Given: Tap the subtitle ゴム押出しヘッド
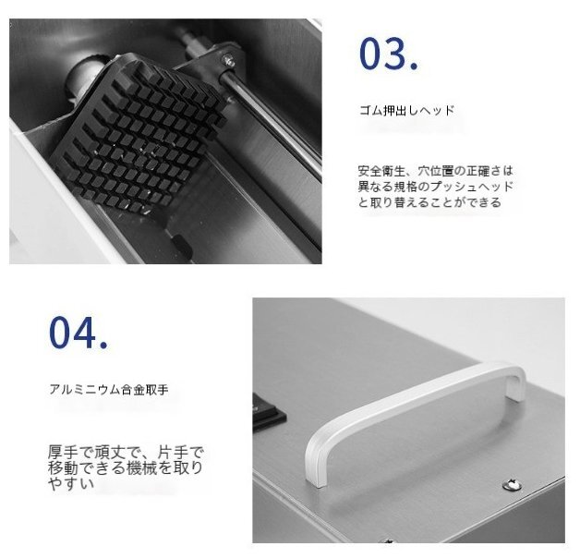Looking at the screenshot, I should [405, 110].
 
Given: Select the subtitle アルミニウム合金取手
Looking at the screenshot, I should [108, 389].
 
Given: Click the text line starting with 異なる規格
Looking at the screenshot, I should [434, 187].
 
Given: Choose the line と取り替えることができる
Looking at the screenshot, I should [429, 202].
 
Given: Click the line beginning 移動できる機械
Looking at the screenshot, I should [125, 467].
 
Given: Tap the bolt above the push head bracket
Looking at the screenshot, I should [227, 59].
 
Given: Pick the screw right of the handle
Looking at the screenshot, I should [507, 482].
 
